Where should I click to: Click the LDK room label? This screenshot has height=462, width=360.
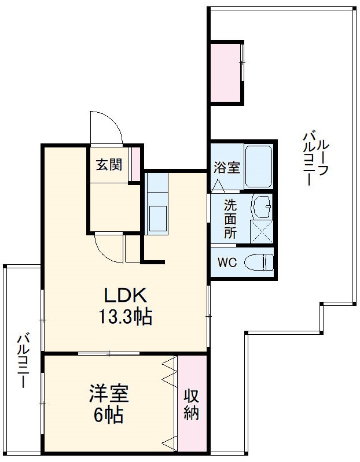[125, 295]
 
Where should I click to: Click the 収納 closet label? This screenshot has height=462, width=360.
[192, 405]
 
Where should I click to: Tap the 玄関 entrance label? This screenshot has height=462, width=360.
[108, 165]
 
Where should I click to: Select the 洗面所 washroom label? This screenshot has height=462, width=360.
[230, 219]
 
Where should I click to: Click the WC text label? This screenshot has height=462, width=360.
[226, 262]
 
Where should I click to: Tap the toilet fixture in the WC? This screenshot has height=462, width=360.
[258, 262]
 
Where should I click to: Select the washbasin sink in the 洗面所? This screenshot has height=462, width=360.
[262, 206]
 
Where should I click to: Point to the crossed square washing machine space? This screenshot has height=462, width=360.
[261, 231]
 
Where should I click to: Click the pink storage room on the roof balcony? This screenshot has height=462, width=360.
[226, 72]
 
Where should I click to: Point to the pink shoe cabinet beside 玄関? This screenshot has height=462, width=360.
[134, 165]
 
